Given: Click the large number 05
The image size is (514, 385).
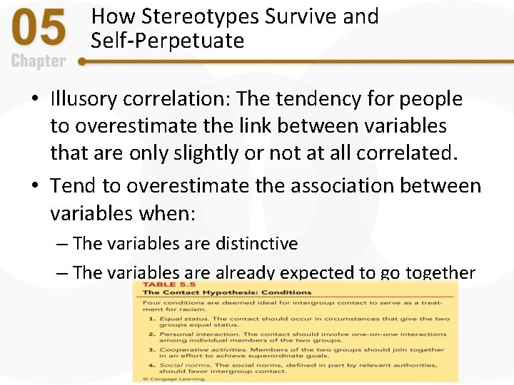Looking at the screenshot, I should coord(40,30).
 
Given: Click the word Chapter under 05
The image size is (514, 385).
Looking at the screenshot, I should coord(39,61).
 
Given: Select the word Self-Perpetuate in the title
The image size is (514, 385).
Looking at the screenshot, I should coord(167,41).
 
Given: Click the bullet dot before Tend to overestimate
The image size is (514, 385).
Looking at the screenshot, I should coord(34,187).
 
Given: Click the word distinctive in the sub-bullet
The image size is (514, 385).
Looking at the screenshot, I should coord(255,244).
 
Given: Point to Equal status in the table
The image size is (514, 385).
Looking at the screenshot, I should coord(178,319).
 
